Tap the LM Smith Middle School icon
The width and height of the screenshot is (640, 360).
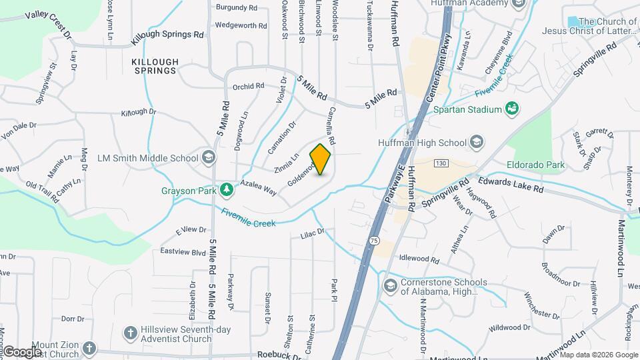pyautogui.click(x=209, y=158)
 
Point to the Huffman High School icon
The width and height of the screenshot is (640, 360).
pyautogui.click(x=477, y=142)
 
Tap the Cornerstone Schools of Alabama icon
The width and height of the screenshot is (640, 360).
pyautogui.click(x=390, y=286)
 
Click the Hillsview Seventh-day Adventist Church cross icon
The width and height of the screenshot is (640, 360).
pyautogui.click(x=131, y=332)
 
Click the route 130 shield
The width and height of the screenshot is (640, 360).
pyautogui.click(x=440, y=163)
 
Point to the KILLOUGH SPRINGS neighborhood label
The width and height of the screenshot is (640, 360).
pyautogui.click(x=155, y=66)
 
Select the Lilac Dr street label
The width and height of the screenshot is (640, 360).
pyautogui.click(x=311, y=233)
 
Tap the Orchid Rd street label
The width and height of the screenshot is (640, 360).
pyautogui.click(x=248, y=86)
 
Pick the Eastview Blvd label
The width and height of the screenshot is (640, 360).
pyautogui.click(x=183, y=252)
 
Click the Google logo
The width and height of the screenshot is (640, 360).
pyautogui.click(x=22, y=352)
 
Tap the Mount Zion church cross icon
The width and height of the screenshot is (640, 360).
pyautogui.click(x=89, y=348)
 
